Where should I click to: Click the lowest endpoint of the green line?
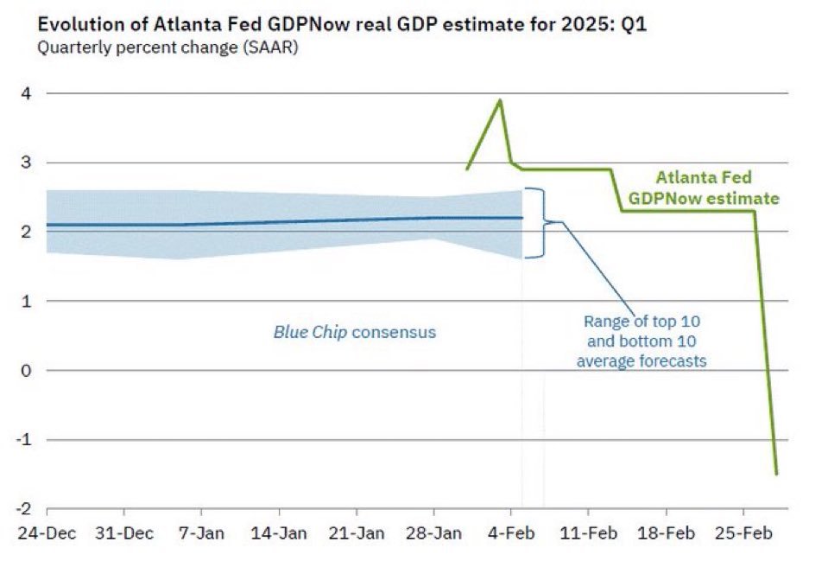[776, 474]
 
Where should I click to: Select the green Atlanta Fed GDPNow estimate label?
[704, 188]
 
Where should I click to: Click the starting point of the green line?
[466, 169]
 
